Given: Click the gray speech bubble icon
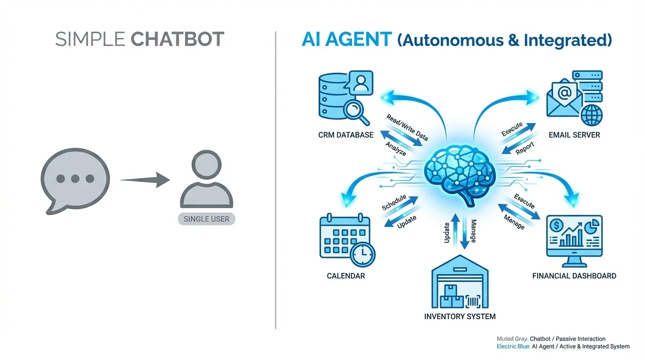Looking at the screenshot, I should coord(75,180).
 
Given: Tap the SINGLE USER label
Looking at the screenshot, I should coord(206,219).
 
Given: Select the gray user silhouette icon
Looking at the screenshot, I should coord(206,181).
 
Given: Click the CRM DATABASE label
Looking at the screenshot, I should coord(346,135).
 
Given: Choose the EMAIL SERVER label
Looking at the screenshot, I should coord(574,135).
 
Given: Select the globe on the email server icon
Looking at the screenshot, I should coord(591,114).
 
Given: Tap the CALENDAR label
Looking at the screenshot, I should coord(346,276).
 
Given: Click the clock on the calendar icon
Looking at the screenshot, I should coord(362,255).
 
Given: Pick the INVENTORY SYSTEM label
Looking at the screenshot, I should coord(460,316).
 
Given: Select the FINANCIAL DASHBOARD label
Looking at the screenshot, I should coord(574,276).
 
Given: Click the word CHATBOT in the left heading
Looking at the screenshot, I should coord(177,39).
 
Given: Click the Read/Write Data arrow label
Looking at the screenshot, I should coord(407,127).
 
